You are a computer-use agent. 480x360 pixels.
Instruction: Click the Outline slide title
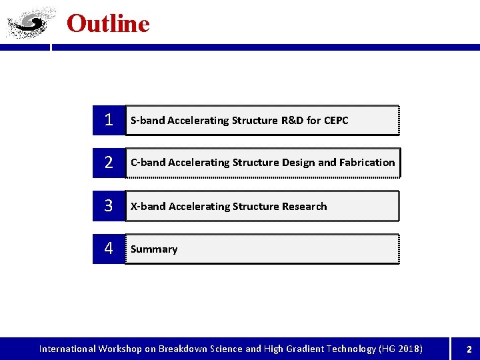(x=108, y=24)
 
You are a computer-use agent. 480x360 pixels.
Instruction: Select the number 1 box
(x=109, y=121)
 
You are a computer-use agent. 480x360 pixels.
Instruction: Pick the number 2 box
(x=109, y=163)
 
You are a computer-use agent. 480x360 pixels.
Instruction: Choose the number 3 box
(x=109, y=206)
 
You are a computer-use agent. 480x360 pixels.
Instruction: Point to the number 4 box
(x=109, y=249)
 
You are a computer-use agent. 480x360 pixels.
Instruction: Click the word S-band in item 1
(x=147, y=121)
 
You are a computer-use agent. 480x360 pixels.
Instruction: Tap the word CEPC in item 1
(x=336, y=121)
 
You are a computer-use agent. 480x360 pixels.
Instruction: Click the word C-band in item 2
(x=148, y=163)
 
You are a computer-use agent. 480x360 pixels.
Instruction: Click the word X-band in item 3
(x=148, y=207)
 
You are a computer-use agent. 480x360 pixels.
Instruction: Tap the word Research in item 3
(x=304, y=207)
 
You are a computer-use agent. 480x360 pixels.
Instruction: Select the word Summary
(x=154, y=249)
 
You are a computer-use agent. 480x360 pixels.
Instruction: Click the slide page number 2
(x=469, y=349)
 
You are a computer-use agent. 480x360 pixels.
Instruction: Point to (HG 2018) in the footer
(x=400, y=349)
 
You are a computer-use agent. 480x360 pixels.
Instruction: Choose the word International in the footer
(x=67, y=349)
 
